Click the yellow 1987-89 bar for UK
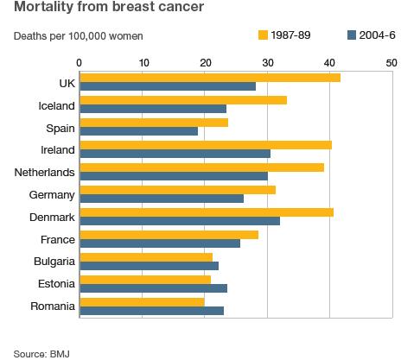(x=209, y=78)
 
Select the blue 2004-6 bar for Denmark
(x=180, y=220)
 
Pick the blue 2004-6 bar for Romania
(x=151, y=310)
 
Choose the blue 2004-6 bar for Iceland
(x=153, y=108)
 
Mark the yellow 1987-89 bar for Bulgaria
(x=145, y=257)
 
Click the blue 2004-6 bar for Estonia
(x=153, y=287)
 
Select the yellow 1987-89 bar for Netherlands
(x=201, y=167)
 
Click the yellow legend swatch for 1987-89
(x=264, y=35)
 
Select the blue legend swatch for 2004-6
(x=352, y=35)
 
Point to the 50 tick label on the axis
(x=391, y=62)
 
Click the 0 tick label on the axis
(x=80, y=62)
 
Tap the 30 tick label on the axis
(x=267, y=62)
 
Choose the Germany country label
(x=52, y=195)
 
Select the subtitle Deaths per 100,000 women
(x=78, y=36)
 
